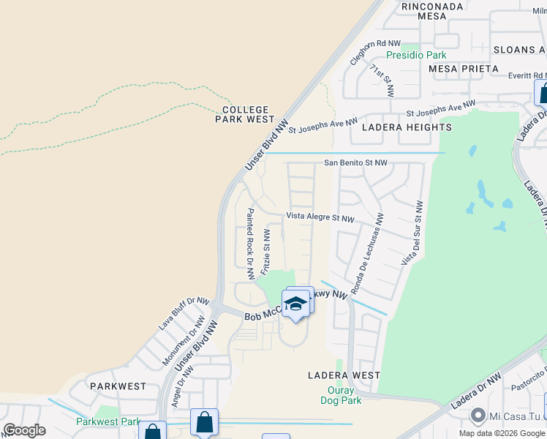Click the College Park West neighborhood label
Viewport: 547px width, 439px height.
pos(245,114)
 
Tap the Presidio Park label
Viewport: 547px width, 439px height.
pos(415,55)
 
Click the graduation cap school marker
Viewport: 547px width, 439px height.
pos(295,304)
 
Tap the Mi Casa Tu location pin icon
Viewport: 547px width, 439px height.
pos(478,416)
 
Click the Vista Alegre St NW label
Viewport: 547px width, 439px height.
pos(320,217)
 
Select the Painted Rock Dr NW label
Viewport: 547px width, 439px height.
pos(250,244)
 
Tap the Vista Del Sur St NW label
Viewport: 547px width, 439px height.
pos(411,233)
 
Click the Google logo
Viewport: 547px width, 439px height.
pos(24,430)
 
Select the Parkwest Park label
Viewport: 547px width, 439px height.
pos(107,422)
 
